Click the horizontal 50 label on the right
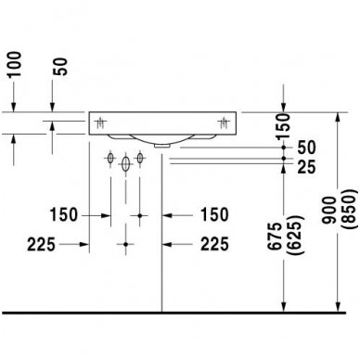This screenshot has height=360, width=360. (304, 148)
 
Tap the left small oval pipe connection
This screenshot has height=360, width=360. (109, 158)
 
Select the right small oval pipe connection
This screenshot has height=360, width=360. (140, 158)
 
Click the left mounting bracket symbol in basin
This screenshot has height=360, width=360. (99, 122)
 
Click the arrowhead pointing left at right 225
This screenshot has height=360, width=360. (170, 245)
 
